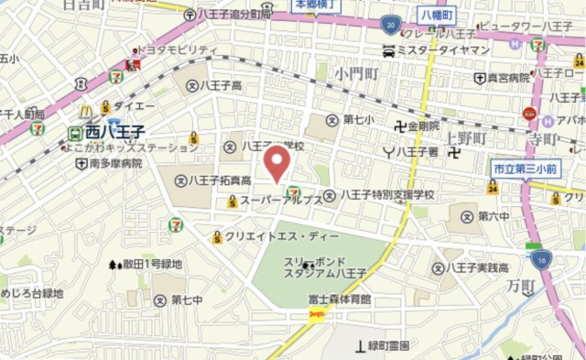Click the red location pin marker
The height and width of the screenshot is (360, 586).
tap(277, 163)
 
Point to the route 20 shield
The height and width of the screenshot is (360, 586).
tap(391, 25)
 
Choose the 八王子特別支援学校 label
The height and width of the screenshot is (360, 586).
tap(386, 195)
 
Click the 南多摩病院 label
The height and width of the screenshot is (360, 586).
tap(117, 163)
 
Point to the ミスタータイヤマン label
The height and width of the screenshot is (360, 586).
tap(443, 52)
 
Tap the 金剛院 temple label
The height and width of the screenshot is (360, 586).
tap(423, 125)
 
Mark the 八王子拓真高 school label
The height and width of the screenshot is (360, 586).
tap(219, 180)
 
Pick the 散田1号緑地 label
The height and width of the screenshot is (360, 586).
tap(151, 264)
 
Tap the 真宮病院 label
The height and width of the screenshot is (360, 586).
tap(509, 79)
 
